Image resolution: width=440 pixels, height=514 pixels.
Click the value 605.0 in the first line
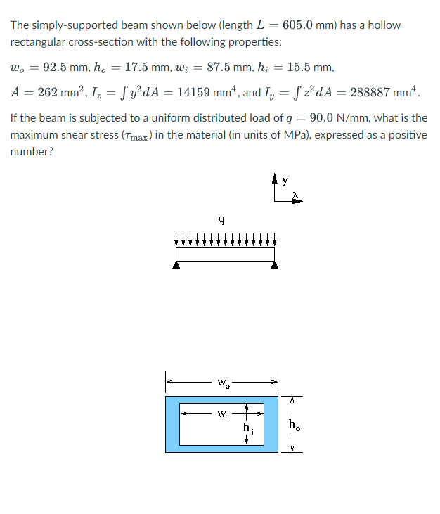coord(297,25)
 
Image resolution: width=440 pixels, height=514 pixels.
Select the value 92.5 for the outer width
coord(57,68)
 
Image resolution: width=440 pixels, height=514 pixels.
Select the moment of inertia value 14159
coord(193,92)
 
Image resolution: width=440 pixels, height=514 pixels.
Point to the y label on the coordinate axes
coord(285,181)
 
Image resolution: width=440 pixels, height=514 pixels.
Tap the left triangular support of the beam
coord(176,265)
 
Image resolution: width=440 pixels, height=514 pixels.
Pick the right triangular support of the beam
coord(274,265)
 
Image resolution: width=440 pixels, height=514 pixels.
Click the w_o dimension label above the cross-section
coord(222,384)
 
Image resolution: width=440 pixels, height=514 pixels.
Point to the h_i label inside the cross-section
coord(247,427)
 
